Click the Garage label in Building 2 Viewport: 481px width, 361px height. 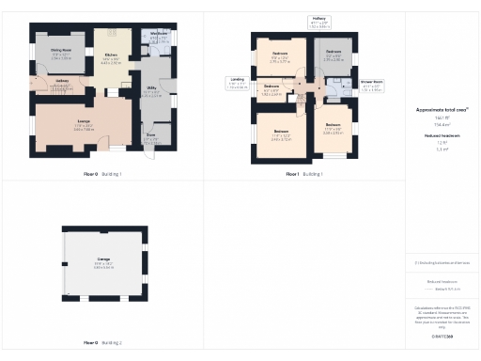coord(103,259)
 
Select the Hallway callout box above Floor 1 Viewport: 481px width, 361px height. coord(319,21)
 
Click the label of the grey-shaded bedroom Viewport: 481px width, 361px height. coord(334,53)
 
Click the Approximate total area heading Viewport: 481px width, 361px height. coord(442,109)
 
